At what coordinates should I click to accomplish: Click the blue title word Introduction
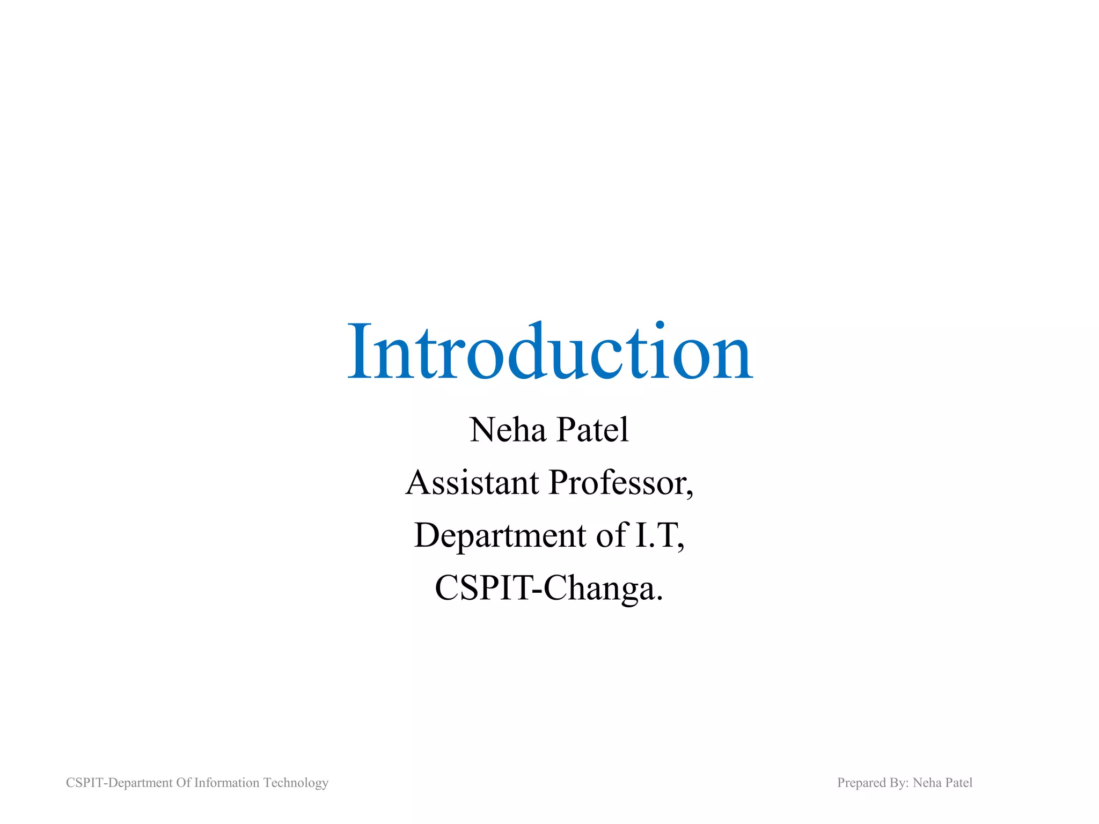coord(550,351)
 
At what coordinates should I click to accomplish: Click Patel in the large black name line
coord(592,430)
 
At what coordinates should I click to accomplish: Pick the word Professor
coord(618,482)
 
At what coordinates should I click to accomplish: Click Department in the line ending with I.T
coord(500,535)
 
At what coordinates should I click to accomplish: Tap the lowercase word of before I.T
coord(611,535)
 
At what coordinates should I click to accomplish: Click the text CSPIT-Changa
coord(548,588)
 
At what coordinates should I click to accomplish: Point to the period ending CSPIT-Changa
coord(660,598)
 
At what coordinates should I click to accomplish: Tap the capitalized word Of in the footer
coord(184,783)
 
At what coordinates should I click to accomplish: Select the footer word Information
coord(226,783)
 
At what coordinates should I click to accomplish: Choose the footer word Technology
coord(296,783)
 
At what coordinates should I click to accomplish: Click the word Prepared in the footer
coord(861,783)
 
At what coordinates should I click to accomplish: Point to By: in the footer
coord(899,783)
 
